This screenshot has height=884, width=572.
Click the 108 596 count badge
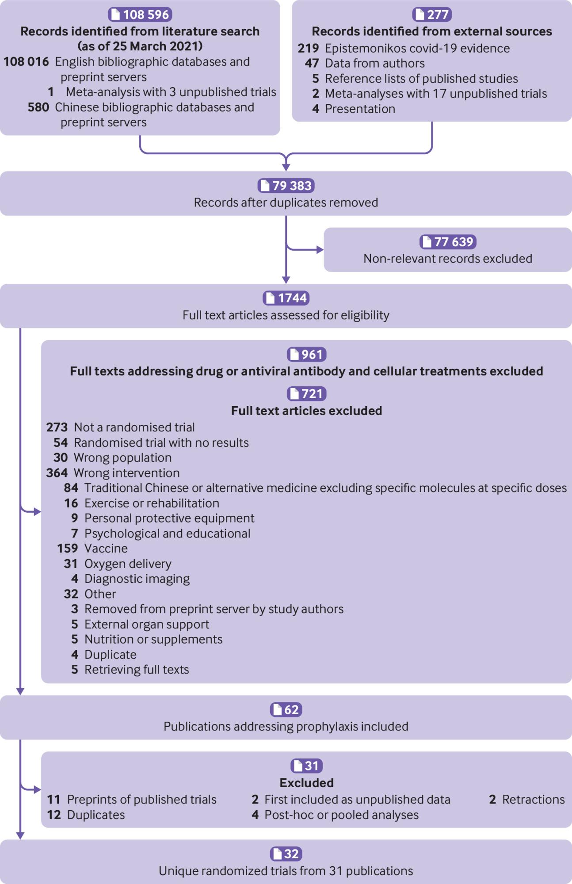click(x=140, y=14)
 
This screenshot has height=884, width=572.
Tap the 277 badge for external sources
click(x=432, y=14)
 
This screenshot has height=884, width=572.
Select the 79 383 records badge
click(x=286, y=186)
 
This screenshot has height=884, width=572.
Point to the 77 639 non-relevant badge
click(x=448, y=242)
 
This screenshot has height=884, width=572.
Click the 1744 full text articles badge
click(x=286, y=298)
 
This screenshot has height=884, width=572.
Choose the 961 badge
click(x=306, y=354)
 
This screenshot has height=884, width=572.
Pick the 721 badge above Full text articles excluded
click(x=306, y=393)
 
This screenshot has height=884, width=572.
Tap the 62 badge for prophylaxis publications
click(x=286, y=709)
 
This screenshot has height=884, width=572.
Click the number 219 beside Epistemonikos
click(x=308, y=48)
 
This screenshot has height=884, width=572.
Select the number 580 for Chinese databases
click(x=38, y=107)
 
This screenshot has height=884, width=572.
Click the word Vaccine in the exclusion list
click(x=106, y=548)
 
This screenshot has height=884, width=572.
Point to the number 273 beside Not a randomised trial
click(x=57, y=427)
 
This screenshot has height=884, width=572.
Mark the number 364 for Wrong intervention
click(x=57, y=472)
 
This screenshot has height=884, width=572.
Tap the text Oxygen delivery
click(x=128, y=564)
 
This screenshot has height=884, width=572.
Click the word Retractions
click(x=534, y=799)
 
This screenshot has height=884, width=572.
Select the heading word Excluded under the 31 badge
click(x=306, y=783)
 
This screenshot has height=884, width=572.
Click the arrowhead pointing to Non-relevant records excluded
click(x=320, y=250)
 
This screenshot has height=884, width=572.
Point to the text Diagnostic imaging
click(x=137, y=579)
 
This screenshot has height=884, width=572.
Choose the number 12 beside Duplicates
click(x=54, y=815)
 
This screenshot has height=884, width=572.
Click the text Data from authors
click(x=375, y=63)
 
